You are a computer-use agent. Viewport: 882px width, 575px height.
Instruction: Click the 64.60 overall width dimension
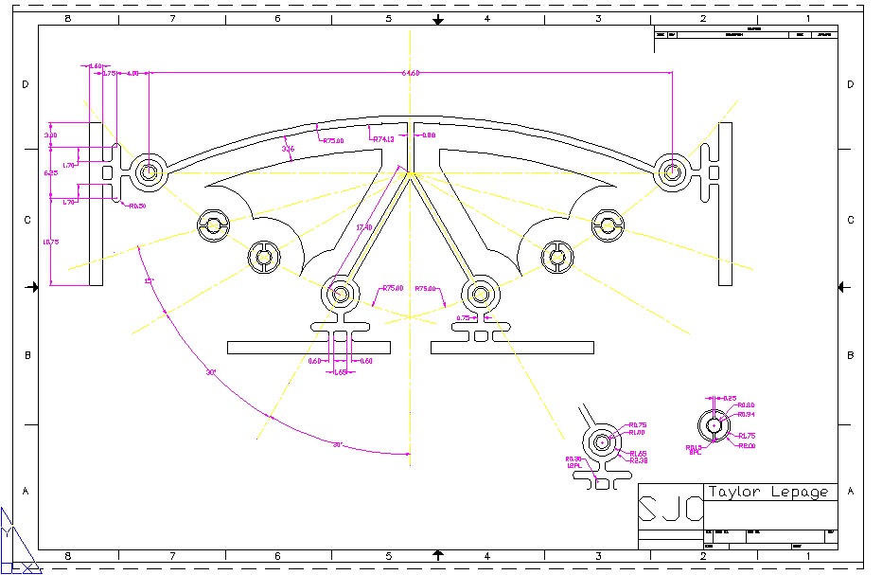[411, 73]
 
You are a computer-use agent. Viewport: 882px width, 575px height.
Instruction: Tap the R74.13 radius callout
[383, 139]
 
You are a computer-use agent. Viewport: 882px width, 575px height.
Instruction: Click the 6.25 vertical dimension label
[51, 173]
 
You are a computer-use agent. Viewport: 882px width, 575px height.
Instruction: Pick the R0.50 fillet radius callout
[137, 206]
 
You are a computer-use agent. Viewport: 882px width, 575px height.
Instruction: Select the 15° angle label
[148, 281]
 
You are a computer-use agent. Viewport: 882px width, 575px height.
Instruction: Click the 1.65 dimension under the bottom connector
[341, 372]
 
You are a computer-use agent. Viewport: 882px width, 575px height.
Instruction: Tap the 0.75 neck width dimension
[464, 318]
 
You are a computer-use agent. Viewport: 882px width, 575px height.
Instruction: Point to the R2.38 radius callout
[639, 460]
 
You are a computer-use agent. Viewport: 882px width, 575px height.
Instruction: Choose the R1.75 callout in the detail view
[747, 436]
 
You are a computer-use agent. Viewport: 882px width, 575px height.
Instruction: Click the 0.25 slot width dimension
[729, 398]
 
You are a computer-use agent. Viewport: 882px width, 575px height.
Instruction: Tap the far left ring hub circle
[148, 171]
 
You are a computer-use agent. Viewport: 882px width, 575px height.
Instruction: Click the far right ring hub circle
[672, 171]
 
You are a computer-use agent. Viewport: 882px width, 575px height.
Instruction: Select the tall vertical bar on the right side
[725, 203]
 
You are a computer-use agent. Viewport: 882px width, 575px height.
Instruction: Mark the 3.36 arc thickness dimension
[288, 149]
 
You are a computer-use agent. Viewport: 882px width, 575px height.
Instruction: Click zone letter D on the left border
[26, 84]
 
